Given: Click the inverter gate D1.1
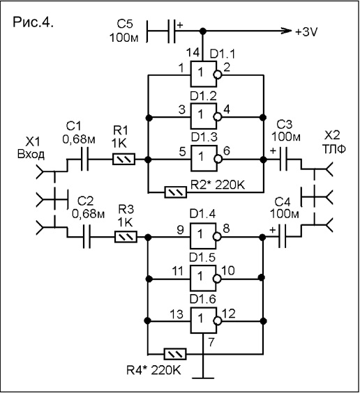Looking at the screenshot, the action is [203, 74].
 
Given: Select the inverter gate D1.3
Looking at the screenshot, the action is [204, 158].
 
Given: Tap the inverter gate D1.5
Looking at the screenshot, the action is [203, 278].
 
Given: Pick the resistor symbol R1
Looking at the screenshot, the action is [123, 159].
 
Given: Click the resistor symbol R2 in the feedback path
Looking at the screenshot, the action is [176, 192].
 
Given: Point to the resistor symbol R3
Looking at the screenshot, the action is [126, 237].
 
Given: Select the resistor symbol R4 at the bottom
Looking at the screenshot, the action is [175, 354].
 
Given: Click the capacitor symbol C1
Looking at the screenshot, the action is [84, 159].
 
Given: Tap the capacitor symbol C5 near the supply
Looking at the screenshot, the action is [171, 31].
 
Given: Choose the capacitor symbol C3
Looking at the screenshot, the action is [283, 159].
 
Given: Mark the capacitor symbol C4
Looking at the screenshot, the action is [283, 236].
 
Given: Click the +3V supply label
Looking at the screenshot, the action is [306, 31].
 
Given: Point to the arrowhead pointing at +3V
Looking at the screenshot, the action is [287, 31].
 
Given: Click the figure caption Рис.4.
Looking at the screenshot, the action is [33, 22].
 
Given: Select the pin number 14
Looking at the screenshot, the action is [193, 53].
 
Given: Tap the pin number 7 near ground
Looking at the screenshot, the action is [211, 342].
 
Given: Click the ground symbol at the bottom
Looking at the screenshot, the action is [203, 377].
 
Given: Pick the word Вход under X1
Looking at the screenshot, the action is [31, 154].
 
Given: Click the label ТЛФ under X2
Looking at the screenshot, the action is [333, 149].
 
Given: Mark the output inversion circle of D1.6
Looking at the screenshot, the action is [217, 321].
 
